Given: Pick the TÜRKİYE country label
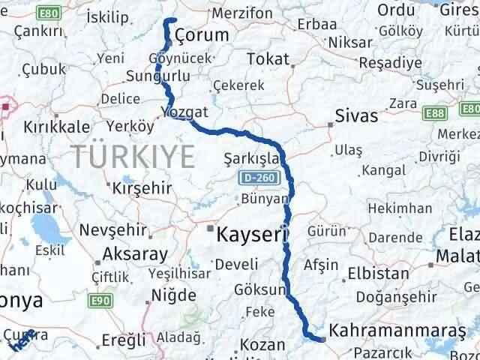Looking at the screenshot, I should (x=133, y=156).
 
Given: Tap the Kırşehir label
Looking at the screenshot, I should (x=142, y=187).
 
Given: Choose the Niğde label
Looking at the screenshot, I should (x=174, y=295).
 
